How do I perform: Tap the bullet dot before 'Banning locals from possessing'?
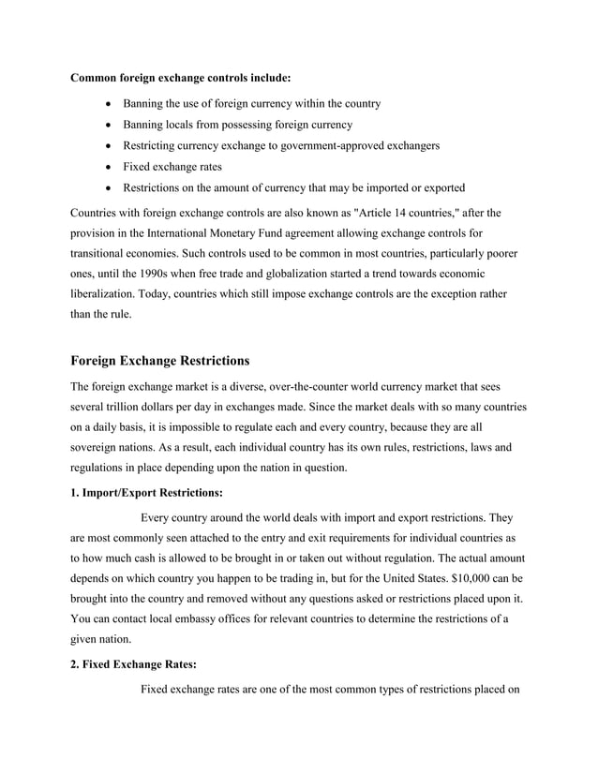point(112,125)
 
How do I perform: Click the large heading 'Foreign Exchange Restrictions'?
point(160,360)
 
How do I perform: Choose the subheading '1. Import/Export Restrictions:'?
point(147,492)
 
